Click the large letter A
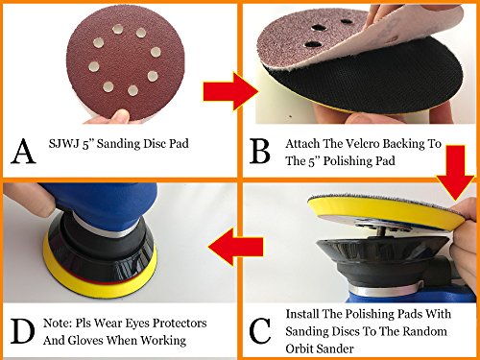[x=23, y=152]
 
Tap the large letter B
[x=260, y=151]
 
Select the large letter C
[x=260, y=331]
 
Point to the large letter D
[x=22, y=331]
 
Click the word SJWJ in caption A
[x=64, y=143]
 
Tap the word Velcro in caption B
[x=363, y=144]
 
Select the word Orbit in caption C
[x=300, y=348]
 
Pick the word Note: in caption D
[x=58, y=324]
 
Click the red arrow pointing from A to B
[x=230, y=91]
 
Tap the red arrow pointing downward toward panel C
[x=455, y=173]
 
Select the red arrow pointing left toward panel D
[x=236, y=247]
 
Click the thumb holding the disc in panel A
[x=121, y=116]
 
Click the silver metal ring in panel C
[x=387, y=290]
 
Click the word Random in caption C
[x=424, y=331]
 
